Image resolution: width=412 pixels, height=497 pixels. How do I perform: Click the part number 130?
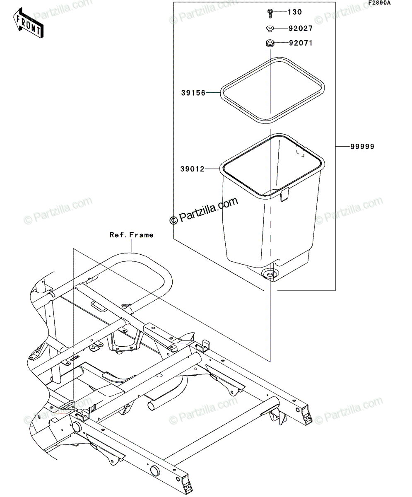pos(295,12)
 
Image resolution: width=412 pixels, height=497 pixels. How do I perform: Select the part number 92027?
pos(300,28)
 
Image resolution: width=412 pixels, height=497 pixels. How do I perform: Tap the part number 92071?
pos(301,43)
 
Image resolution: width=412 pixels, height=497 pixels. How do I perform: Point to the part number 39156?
pos(193,93)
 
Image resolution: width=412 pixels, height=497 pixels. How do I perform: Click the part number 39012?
pos(192,169)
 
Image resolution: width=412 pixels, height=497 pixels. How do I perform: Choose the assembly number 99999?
pos(362,147)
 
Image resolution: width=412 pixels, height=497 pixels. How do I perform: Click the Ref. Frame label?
pos(131,235)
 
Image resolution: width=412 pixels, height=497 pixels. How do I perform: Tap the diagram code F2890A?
pos(380,3)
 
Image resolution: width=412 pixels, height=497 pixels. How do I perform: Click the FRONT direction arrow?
pos(28,23)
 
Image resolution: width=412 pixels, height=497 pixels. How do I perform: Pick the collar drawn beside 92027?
pos(270,29)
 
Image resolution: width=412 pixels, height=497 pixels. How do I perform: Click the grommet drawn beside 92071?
pos(270,44)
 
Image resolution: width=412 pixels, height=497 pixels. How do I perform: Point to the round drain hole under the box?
pos(270,275)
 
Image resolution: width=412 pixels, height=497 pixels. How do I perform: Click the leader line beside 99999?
pos(343,147)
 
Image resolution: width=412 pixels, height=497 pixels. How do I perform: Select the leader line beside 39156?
pos(213,93)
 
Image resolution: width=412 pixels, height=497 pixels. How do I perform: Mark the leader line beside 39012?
pos(212,169)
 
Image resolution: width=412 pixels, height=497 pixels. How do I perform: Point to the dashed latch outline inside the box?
pos(300,153)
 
